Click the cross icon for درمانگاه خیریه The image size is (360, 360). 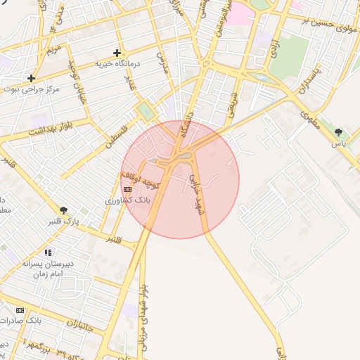117,53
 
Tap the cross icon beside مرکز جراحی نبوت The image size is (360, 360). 31,78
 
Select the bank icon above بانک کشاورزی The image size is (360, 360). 127,189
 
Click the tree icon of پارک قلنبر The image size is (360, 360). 64,210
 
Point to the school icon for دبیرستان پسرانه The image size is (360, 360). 48,252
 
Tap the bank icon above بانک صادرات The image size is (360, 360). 20,309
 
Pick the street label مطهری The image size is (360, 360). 310,117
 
